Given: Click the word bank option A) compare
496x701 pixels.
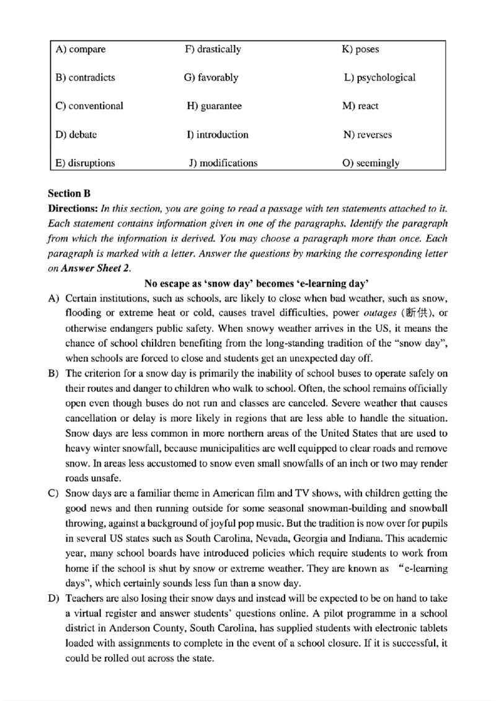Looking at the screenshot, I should [x=81, y=49].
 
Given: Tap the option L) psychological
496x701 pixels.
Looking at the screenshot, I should [x=379, y=78].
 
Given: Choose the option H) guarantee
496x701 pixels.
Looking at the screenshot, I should [x=214, y=106].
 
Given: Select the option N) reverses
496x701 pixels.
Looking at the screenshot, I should [x=367, y=135].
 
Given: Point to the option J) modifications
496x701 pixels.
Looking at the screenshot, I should [x=223, y=164].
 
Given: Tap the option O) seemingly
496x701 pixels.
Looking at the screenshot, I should [x=371, y=164].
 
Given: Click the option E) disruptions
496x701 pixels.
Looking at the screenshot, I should [x=85, y=164].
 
